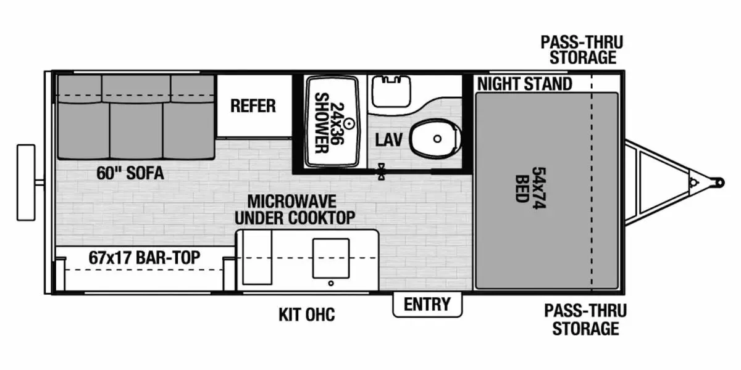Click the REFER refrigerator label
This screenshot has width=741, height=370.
point(253,105)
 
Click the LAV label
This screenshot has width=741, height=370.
point(389,140)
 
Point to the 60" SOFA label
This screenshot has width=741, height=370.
point(130,173)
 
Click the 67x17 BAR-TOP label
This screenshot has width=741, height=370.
point(144,258)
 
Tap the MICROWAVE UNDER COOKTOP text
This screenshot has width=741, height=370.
point(301,210)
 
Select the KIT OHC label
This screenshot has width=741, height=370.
point(306,314)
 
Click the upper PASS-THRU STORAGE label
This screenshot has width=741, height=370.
point(582,50)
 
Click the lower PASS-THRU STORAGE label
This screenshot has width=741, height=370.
point(585,319)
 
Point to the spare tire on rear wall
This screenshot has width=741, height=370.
point(26,182)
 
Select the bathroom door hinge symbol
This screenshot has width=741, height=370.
point(382,171)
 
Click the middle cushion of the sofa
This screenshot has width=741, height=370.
point(136,129)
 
